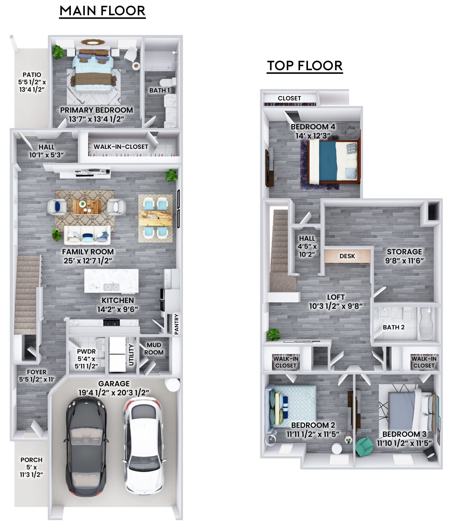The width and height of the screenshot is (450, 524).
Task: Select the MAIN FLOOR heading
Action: point(102,11)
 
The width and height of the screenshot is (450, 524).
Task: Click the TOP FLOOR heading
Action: point(305,66)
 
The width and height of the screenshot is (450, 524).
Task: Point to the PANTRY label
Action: point(177,324)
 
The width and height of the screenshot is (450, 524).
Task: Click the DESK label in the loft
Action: point(347,256)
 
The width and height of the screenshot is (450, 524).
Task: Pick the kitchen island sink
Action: point(111,287)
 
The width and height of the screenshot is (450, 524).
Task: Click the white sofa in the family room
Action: point(87,235)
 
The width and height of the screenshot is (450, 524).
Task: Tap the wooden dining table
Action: point(155,218)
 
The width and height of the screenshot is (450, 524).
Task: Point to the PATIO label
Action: point(32,75)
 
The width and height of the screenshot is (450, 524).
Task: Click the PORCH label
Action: point(31,460)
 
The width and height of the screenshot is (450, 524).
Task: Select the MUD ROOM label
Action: point(154,349)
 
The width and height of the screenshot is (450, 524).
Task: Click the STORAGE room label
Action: point(404,252)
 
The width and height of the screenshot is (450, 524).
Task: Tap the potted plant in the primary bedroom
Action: point(58,52)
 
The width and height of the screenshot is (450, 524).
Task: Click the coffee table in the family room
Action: point(87,207)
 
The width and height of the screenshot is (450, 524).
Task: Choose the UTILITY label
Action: point(131,355)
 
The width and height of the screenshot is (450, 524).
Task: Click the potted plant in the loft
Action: point(273,334)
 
